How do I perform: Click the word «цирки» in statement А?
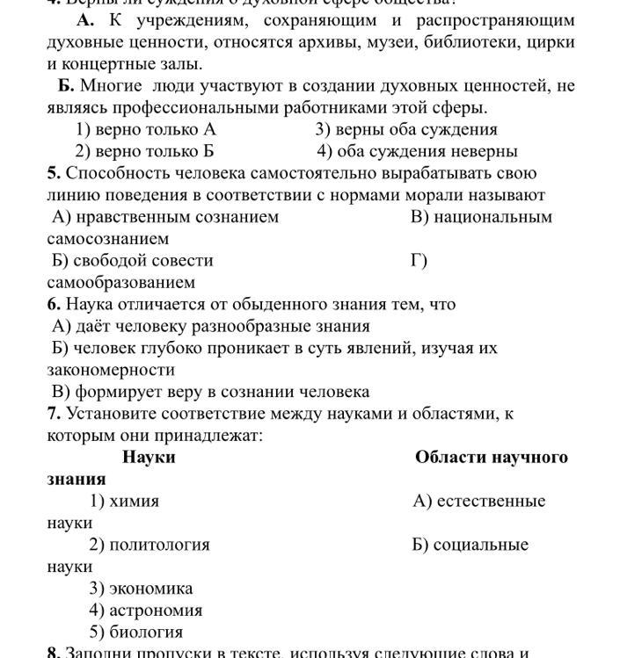tap(551, 42)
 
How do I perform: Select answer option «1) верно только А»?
tap(146, 130)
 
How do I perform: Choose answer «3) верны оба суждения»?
tap(406, 130)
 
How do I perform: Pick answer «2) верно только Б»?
tap(144, 151)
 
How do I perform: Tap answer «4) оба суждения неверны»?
tap(417, 151)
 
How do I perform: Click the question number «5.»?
tap(54, 173)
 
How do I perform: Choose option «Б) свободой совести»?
tap(133, 261)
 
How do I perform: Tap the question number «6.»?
tap(54, 305)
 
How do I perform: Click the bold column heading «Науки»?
tap(149, 458)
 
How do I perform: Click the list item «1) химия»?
tap(124, 502)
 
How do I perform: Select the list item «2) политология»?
tap(150, 545)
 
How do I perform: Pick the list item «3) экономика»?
tap(141, 589)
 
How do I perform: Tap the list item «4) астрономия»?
tap(145, 611)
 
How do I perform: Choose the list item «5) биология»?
tap(135, 633)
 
